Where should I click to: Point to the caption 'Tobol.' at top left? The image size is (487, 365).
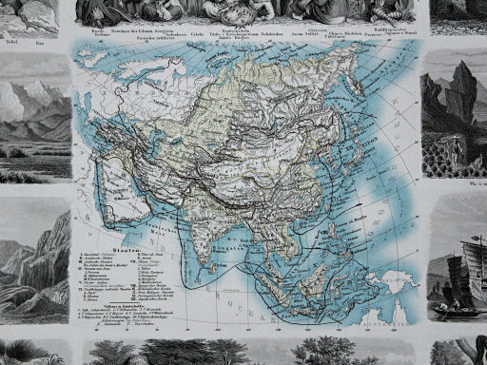click(x=12, y=42)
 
